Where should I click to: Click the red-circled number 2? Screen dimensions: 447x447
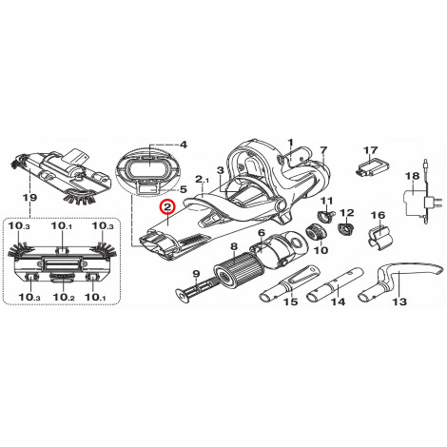[167, 207]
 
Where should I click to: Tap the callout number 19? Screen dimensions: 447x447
[29, 198]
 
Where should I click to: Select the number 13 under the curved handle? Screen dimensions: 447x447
[399, 301]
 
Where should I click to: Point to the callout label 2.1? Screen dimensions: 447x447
[203, 180]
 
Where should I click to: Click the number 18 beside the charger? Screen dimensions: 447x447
[414, 176]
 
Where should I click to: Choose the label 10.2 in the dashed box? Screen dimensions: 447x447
[64, 297]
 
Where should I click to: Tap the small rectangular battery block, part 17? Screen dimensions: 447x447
[373, 166]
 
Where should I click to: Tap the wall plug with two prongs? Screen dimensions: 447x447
[429, 202]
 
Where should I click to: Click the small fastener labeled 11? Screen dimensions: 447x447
[325, 217]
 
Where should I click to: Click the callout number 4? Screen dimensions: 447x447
[184, 145]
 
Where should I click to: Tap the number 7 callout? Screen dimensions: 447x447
[323, 149]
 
